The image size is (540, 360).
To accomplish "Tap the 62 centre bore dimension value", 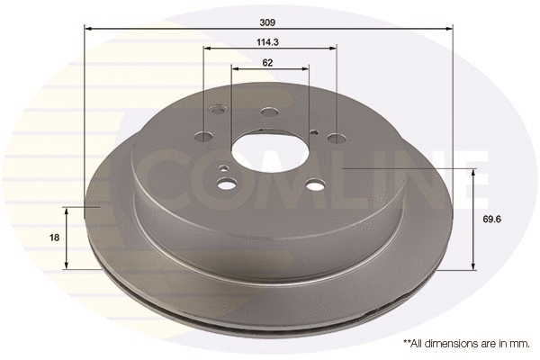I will click(269, 62).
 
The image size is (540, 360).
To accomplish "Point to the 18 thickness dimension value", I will click(54, 237).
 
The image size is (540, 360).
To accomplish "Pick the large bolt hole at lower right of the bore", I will click(313, 184).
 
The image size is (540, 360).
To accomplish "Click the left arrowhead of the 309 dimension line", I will click(88, 28).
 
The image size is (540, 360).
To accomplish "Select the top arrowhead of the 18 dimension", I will click(67, 208).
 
